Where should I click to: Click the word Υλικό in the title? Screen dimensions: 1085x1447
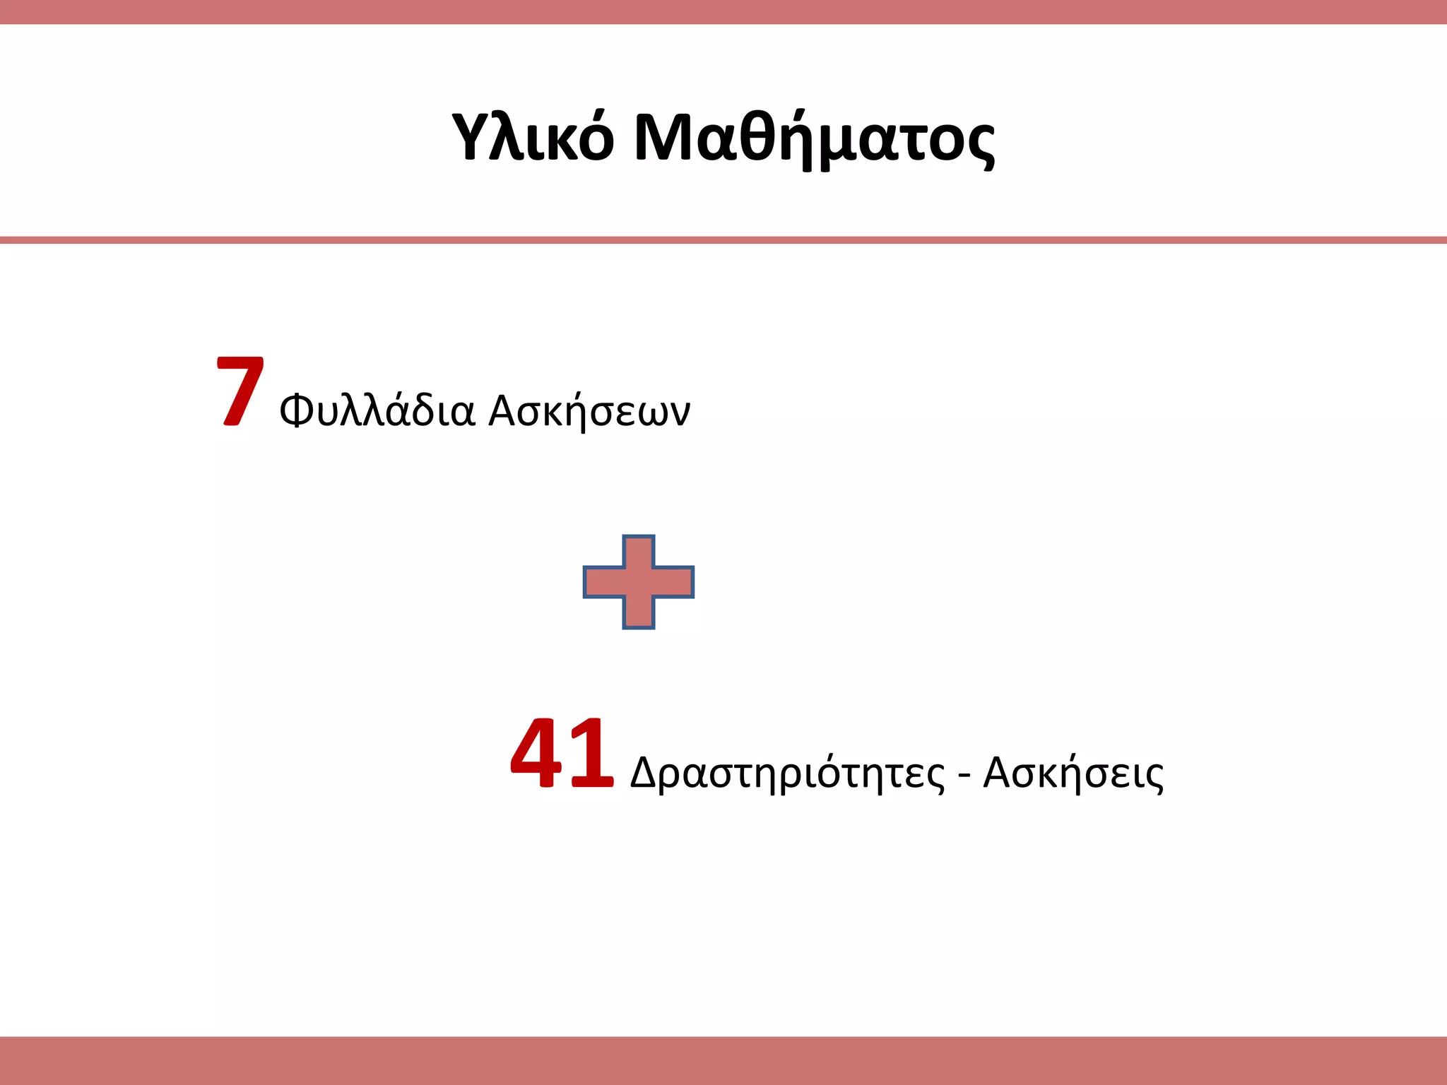pyautogui.click(x=533, y=138)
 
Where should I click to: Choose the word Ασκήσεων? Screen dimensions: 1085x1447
pyautogui.click(x=589, y=412)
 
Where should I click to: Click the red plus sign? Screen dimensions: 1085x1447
pyautogui.click(x=639, y=582)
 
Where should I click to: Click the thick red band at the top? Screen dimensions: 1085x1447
pyautogui.click(x=723, y=12)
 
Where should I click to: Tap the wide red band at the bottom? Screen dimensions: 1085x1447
pyautogui.click(x=723, y=1060)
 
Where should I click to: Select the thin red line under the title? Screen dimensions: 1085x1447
pyautogui.click(x=723, y=240)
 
